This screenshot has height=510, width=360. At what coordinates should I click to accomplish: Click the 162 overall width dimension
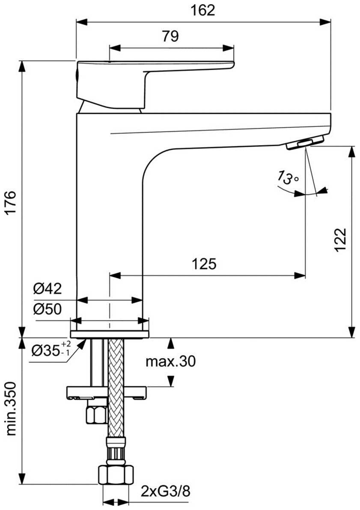(203, 10)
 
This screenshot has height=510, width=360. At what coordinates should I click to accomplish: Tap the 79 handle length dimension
(170, 36)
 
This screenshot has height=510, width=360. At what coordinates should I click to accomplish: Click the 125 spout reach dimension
(204, 264)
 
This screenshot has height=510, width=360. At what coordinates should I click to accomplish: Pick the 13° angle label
(288, 177)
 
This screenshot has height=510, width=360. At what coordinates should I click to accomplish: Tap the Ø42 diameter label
(48, 288)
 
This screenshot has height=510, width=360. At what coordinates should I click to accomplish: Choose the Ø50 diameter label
(48, 309)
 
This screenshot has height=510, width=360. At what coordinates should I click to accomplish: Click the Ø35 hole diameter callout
(51, 350)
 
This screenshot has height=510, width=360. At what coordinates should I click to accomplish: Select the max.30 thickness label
(170, 361)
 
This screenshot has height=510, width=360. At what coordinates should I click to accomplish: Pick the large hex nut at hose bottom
(116, 475)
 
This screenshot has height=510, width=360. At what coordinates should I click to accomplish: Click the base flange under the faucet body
(110, 334)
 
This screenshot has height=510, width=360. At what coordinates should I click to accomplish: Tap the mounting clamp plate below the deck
(107, 392)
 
